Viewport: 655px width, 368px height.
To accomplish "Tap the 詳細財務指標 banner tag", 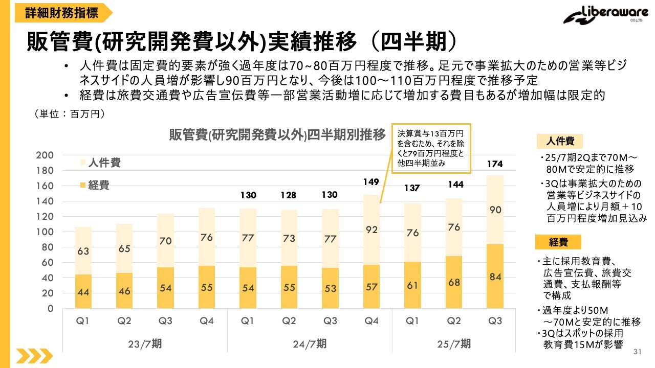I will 62,12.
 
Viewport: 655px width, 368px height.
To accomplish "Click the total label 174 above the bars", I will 495,164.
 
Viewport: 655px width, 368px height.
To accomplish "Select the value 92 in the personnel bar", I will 372,230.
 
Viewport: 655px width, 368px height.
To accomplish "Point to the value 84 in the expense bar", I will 495,277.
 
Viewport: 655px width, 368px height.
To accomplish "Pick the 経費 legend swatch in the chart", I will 83,186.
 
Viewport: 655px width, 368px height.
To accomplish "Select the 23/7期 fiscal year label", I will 145,344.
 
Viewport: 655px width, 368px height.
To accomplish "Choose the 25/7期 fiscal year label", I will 454,344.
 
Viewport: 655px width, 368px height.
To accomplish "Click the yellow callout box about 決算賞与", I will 430,148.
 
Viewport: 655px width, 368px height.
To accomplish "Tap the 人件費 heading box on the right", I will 559,141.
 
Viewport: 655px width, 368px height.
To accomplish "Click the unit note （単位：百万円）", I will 70,114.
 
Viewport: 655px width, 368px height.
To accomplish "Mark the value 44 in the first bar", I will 83,291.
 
